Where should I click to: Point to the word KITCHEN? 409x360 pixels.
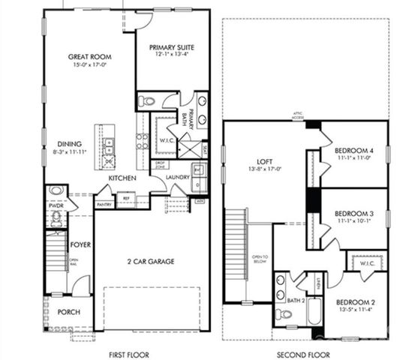point(122,178)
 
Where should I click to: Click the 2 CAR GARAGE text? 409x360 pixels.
point(149,261)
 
